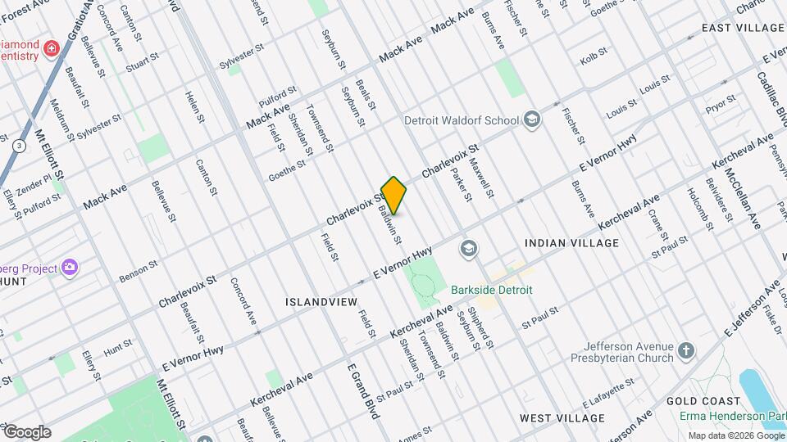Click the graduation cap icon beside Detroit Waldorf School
532,120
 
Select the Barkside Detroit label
492,290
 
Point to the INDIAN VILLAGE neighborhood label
571,244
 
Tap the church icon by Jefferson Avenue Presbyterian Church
685,352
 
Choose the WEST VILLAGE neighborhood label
562,417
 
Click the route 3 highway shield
18,145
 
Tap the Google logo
27,432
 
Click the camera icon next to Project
69,267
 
